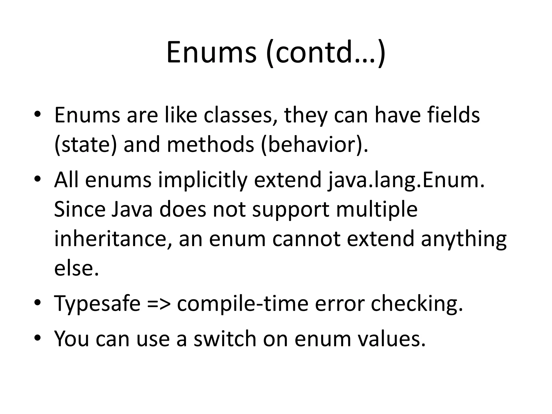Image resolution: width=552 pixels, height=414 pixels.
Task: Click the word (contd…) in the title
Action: coord(326,53)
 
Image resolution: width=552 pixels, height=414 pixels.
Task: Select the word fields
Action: coord(453,116)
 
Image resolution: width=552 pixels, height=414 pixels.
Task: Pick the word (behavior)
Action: coord(314,145)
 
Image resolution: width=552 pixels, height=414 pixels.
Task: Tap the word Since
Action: coord(80,210)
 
